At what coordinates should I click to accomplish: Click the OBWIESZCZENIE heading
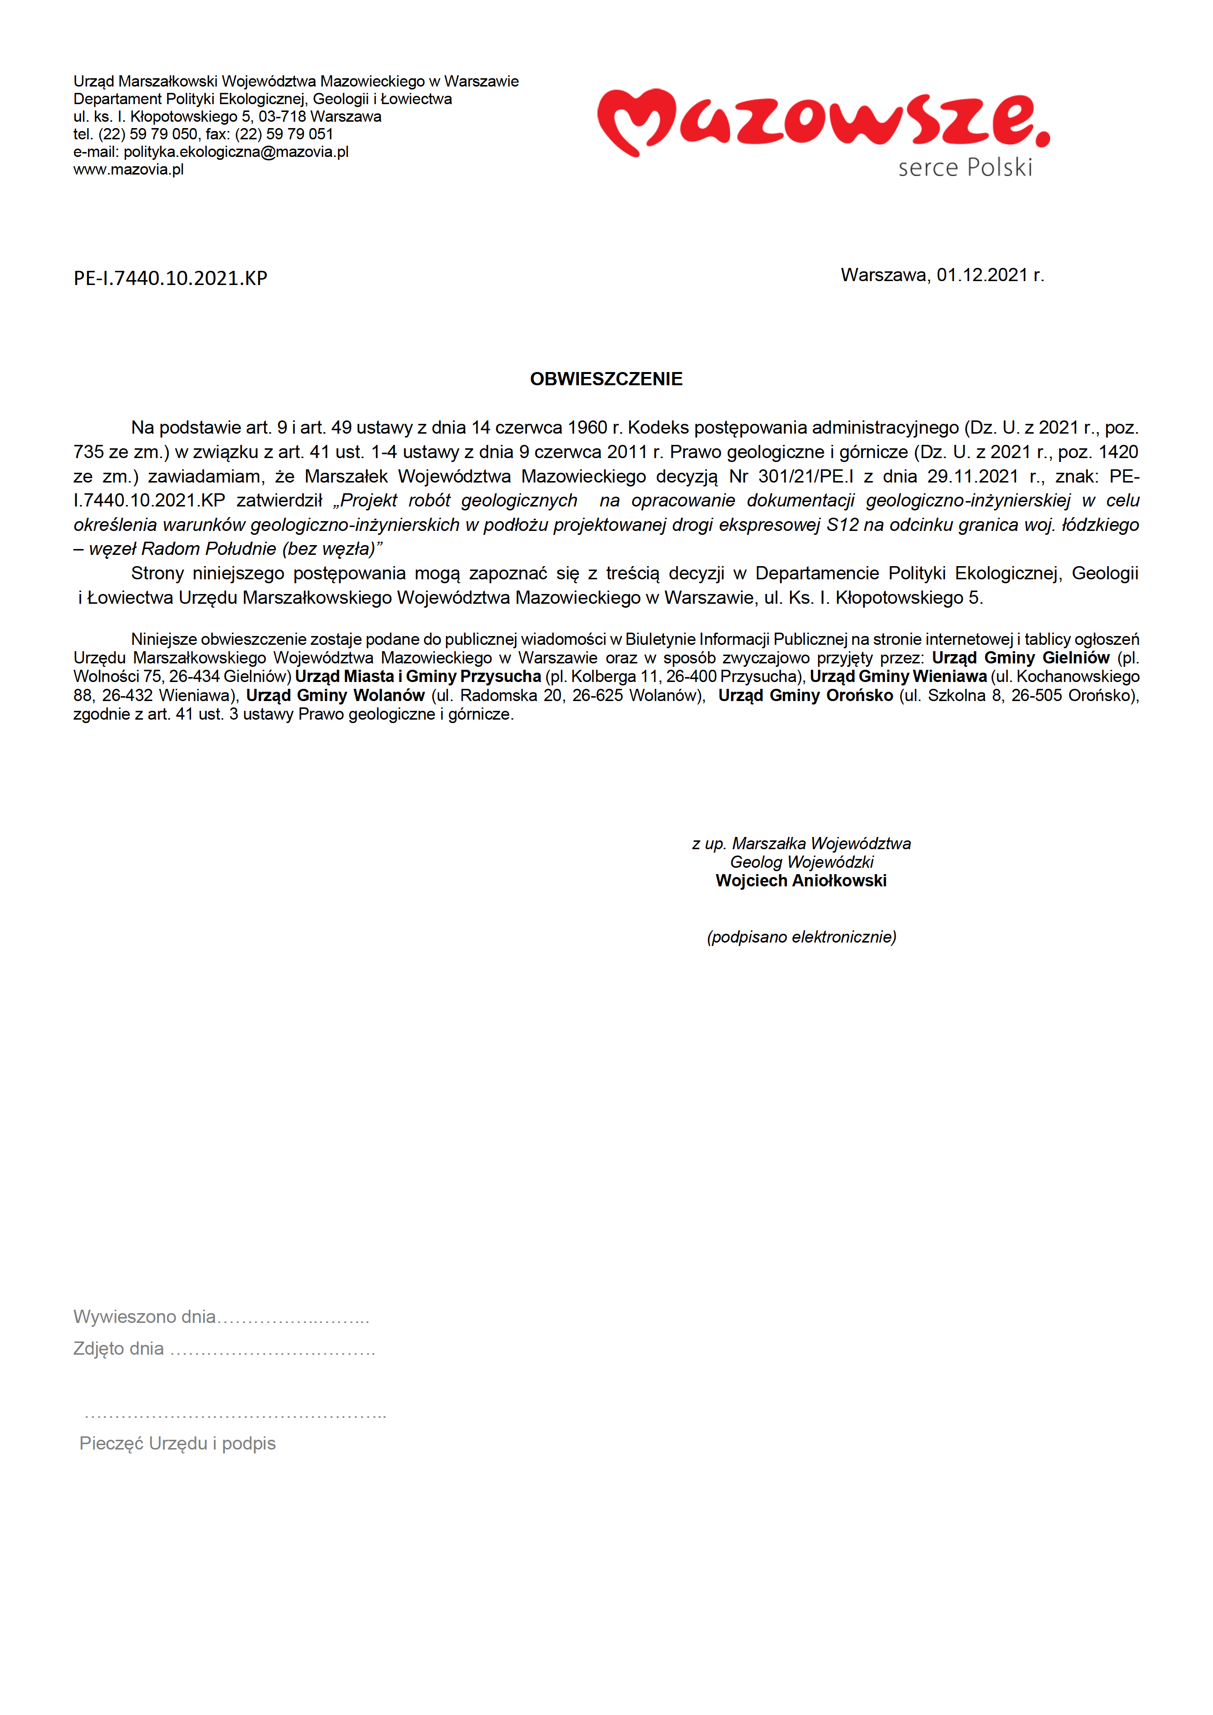[606, 379]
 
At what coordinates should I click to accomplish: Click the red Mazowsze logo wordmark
[821, 121]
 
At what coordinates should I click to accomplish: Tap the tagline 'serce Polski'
[965, 167]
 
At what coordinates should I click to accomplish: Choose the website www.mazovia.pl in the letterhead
[129, 170]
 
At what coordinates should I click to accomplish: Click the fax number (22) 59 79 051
[284, 134]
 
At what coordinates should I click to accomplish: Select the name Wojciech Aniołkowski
[801, 880]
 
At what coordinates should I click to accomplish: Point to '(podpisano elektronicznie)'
[801, 937]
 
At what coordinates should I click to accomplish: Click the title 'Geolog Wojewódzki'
[801, 862]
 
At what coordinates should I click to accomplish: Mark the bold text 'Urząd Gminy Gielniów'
[1020, 658]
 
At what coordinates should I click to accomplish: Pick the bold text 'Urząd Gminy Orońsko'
[805, 695]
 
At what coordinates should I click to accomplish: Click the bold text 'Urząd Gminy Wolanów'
[335, 695]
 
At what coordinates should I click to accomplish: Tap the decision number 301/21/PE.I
[805, 477]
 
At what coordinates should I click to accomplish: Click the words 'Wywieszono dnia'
[144, 1317]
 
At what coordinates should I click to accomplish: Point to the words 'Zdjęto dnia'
[119, 1349]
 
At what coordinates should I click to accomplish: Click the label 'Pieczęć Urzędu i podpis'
[178, 1444]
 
